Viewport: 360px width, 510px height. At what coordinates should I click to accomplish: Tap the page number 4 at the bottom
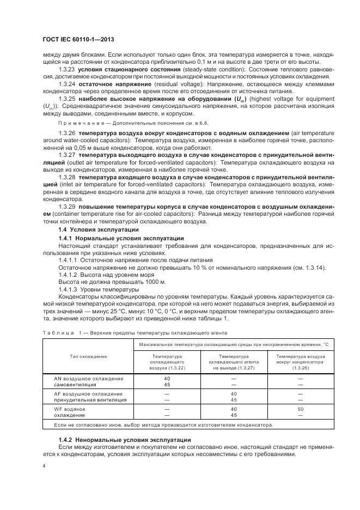(44, 466)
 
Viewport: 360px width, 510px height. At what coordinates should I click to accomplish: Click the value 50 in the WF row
(301, 408)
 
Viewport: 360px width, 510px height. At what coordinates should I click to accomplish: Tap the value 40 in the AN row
(167, 378)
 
